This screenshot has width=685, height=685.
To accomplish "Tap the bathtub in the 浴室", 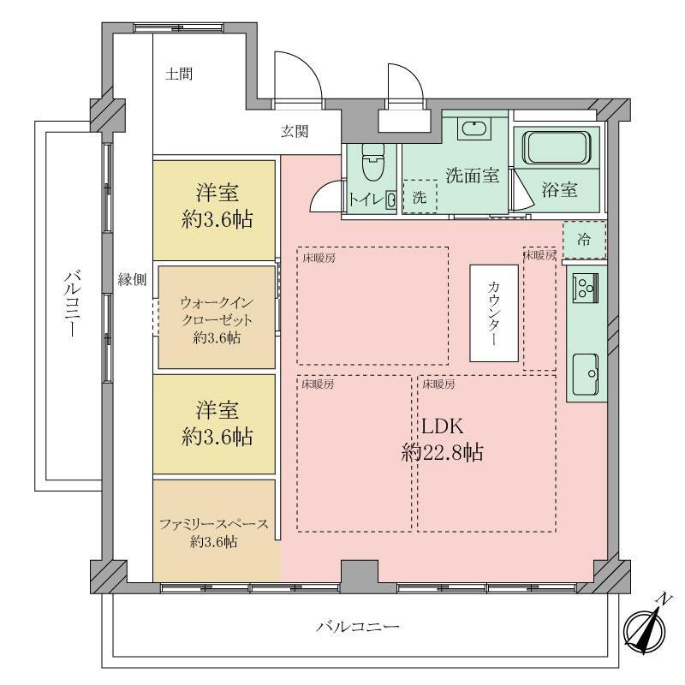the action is click(x=557, y=147).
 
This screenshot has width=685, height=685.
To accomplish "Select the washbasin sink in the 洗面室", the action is click(x=474, y=129).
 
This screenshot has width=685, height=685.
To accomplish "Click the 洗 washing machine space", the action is click(x=420, y=197).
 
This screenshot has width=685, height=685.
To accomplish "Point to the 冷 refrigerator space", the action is click(x=584, y=240).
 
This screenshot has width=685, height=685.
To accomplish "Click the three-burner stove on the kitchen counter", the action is click(x=586, y=288).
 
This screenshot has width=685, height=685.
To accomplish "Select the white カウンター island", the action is click(x=494, y=313).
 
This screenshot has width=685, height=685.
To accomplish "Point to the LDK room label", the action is click(x=442, y=439).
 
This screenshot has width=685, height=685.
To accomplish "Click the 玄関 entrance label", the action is click(x=295, y=131).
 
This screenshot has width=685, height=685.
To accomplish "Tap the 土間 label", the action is click(x=179, y=74).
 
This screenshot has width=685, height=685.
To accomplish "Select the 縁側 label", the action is click(x=132, y=279).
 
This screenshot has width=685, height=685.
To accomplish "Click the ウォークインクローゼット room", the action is click(x=217, y=317).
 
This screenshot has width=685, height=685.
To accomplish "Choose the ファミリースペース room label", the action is click(x=213, y=533).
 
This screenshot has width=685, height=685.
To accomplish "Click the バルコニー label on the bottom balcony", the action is click(x=358, y=627).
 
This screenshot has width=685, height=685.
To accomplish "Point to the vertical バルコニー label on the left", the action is click(x=72, y=305).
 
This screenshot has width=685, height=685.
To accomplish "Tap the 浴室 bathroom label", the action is click(x=559, y=189).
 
